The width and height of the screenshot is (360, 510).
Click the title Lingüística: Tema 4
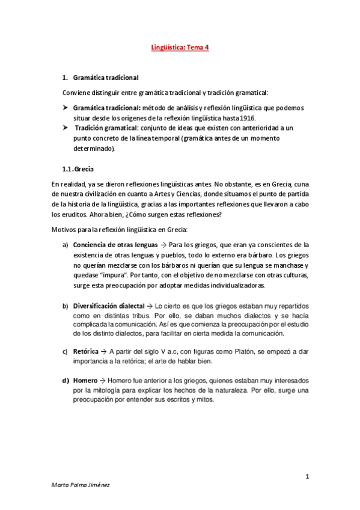point(180,50)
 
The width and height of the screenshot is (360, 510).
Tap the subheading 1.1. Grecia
point(78,170)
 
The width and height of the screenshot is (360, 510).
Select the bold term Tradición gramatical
point(105,128)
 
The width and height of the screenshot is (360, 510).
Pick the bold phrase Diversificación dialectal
point(109,307)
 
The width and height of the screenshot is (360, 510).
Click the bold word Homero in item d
point(85,381)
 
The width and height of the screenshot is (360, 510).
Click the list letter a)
point(65,245)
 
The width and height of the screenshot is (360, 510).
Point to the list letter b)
point(65,307)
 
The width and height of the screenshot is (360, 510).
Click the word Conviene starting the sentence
point(76,93)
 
